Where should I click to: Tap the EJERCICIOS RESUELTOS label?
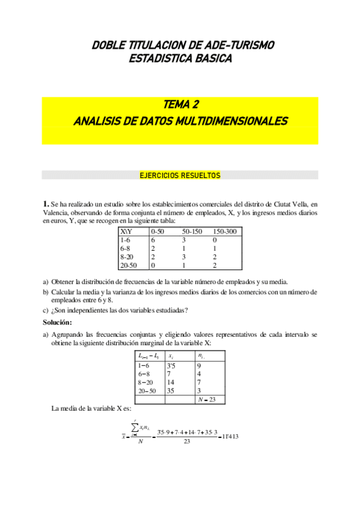click(180, 176)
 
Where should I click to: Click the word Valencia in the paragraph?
click(55, 212)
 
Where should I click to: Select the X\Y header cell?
click(127, 231)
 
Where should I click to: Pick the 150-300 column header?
click(225, 231)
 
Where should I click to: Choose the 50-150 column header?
click(193, 231)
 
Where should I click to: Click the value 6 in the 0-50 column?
click(153, 239)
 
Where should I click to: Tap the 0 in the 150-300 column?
click(215, 239)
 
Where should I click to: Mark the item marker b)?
click(46, 292)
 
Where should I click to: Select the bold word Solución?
click(58, 322)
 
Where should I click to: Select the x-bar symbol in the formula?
click(123, 437)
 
